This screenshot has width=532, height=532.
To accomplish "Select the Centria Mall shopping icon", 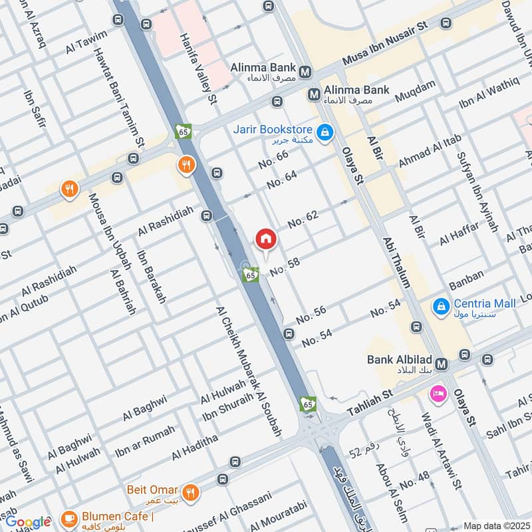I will point(440,307).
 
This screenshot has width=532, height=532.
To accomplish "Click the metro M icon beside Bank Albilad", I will point(444,365).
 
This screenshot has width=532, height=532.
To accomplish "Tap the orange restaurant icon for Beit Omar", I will point(191,493).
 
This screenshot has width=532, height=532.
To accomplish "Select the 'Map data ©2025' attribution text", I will point(496,525).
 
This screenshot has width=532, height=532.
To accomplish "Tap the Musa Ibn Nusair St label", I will point(384,45).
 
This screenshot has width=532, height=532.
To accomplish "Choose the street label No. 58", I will point(285,265).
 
